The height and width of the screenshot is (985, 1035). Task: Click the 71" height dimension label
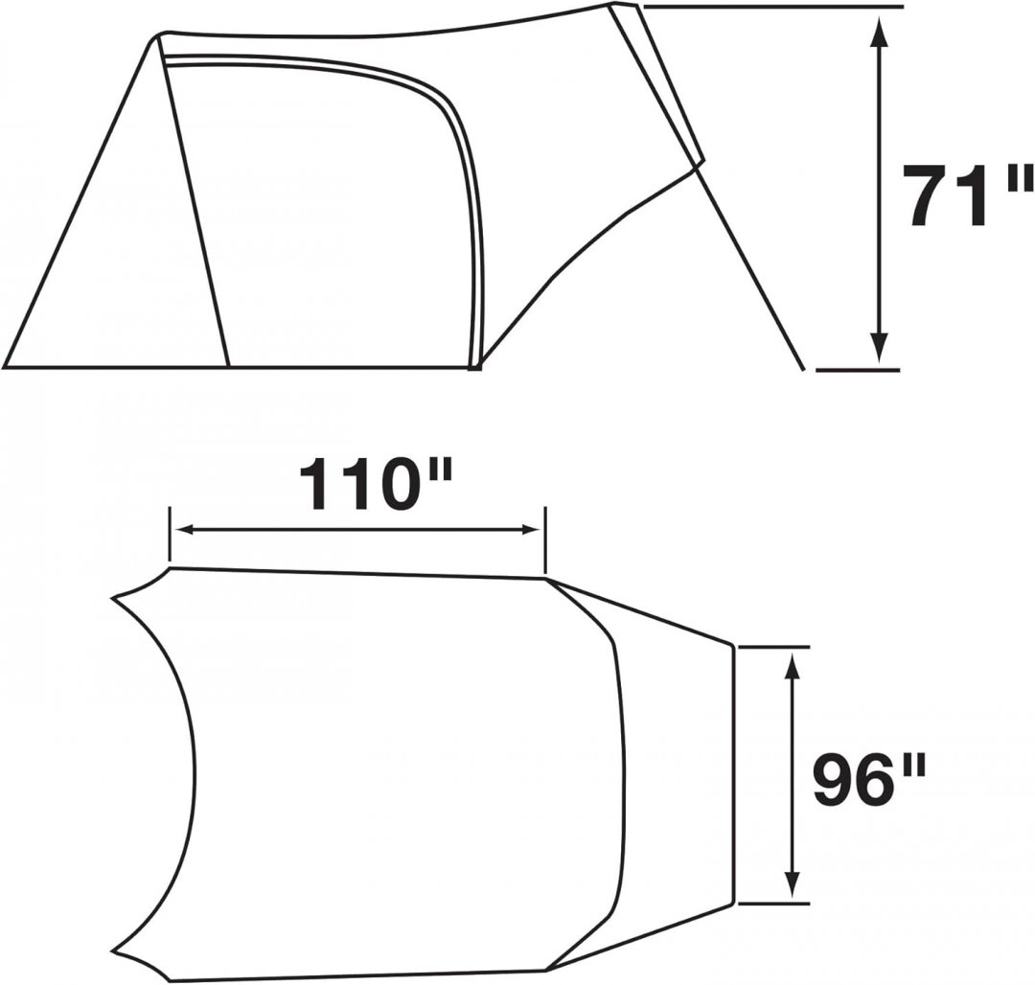click(x=967, y=195)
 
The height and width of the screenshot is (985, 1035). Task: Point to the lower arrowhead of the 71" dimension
click(x=878, y=347)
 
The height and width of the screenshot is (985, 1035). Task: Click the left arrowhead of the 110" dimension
click(x=186, y=529)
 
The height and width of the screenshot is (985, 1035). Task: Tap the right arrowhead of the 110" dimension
click(x=529, y=529)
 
